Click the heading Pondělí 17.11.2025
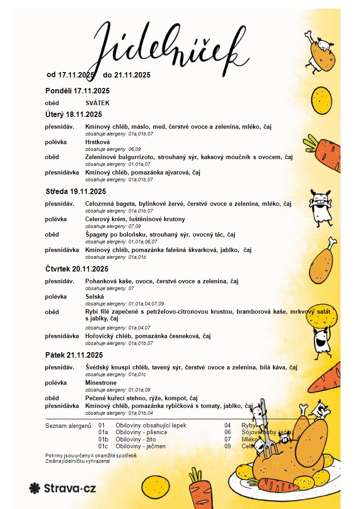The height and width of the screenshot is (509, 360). [x=78, y=91]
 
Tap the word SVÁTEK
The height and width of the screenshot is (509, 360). [x=97, y=103]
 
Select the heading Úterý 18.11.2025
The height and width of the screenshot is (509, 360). [x=73, y=114]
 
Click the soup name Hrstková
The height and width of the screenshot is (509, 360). [x=97, y=142]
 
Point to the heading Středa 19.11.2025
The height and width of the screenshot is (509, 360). [x=76, y=191]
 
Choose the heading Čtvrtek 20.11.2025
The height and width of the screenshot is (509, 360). [x=77, y=269]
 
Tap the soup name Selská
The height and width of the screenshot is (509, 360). [x=94, y=296]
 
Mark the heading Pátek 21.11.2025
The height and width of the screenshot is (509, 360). [x=74, y=355]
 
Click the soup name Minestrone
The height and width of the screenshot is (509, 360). [x=101, y=383]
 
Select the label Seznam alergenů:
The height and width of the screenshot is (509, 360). [x=69, y=426]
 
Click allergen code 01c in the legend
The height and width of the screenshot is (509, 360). [x=103, y=446]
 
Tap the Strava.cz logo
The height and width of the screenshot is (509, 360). [x=63, y=488]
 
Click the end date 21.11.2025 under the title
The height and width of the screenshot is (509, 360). [x=132, y=75]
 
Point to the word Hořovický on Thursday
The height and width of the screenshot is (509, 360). [x=100, y=336]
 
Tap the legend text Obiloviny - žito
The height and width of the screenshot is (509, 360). [x=136, y=439]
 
